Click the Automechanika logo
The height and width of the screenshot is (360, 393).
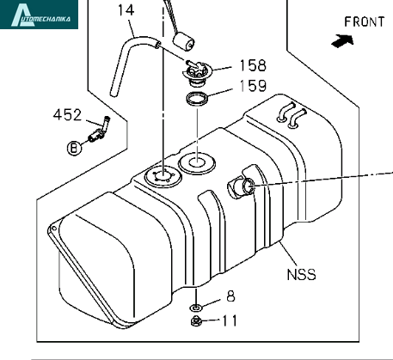[x=39, y=15]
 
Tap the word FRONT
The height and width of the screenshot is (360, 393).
[x=364, y=21]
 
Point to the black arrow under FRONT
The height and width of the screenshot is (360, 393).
[x=342, y=41]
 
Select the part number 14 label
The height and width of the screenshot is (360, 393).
[x=126, y=10]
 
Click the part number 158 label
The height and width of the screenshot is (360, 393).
[x=253, y=65]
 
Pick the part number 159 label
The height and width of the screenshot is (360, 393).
[x=253, y=86]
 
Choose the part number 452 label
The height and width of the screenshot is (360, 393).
[x=67, y=115]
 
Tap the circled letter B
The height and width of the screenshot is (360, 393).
[x=74, y=148]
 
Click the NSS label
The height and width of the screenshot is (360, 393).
[x=301, y=274]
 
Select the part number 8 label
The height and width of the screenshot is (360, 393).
[x=230, y=296]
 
